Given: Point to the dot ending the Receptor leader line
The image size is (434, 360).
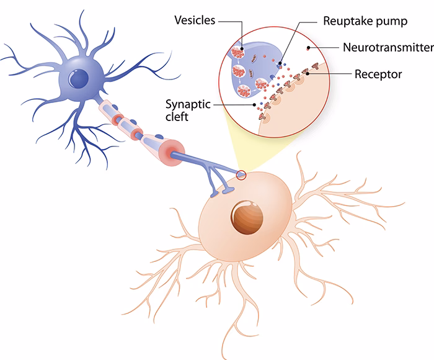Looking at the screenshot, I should click(x=309, y=75).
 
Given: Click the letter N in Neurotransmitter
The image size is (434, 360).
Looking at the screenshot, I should click(x=347, y=47).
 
